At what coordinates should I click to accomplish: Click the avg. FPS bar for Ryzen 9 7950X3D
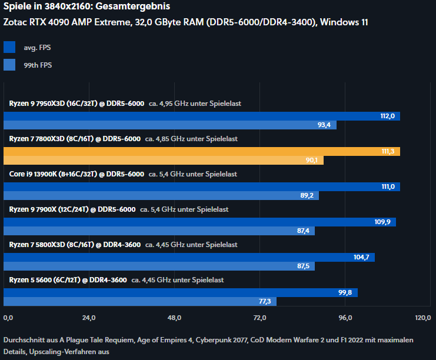(202, 116)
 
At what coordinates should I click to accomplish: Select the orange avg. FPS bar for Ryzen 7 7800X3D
(202, 151)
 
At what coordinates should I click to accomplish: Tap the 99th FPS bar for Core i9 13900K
(161, 195)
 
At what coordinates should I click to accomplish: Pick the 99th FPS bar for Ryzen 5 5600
(140, 301)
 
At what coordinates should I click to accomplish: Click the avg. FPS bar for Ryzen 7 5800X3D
(189, 257)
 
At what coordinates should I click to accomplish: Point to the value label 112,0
(387, 116)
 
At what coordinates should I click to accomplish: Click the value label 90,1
(311, 160)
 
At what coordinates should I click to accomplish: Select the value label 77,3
(264, 301)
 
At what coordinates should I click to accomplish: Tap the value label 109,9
(383, 222)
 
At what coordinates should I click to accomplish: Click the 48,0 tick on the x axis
(174, 318)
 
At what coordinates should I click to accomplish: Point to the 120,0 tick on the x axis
(422, 318)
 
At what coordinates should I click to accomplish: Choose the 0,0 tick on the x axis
(8, 318)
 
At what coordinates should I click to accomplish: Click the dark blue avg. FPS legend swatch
(9, 47)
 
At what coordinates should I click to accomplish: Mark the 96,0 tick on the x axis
(345, 318)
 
